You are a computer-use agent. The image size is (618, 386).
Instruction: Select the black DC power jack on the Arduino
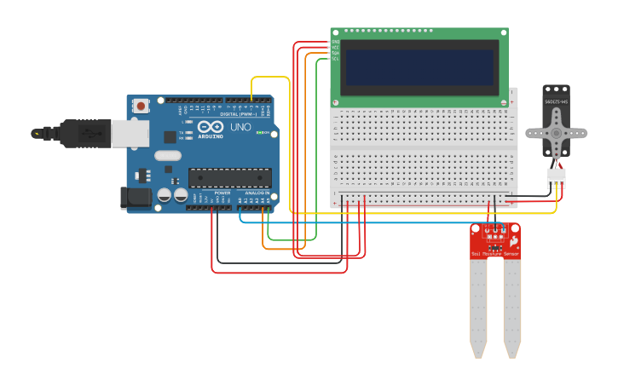[135, 198]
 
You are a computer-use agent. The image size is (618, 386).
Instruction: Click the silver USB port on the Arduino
[130, 133]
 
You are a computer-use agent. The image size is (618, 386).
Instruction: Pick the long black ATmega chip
[229, 177]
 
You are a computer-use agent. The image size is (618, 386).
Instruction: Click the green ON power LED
[259, 133]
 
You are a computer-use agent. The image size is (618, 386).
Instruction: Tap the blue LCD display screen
[419, 66]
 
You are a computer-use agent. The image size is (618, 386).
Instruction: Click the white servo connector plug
[556, 177]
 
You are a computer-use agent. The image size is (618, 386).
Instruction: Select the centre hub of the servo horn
[556, 134]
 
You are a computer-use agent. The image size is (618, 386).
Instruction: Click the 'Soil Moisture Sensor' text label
[495, 254]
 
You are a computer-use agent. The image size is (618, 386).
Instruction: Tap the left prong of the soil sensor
[478, 307]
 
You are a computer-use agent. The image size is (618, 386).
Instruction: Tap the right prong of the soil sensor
[511, 307]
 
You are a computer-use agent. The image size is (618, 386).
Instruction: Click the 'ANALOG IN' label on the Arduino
[256, 193]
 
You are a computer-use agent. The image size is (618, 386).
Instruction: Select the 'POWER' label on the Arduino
[222, 193]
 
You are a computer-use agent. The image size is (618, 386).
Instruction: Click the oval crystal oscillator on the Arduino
[169, 155]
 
